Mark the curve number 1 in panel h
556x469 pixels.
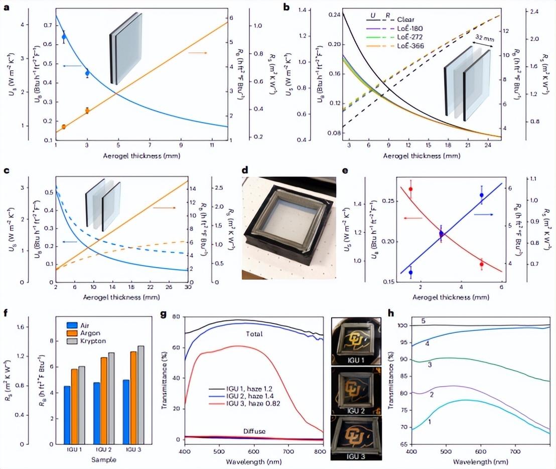tap(430, 422)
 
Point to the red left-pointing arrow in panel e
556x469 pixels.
tap(412, 218)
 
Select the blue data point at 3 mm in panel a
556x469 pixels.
tap(87, 73)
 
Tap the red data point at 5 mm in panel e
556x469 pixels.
tap(481, 264)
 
